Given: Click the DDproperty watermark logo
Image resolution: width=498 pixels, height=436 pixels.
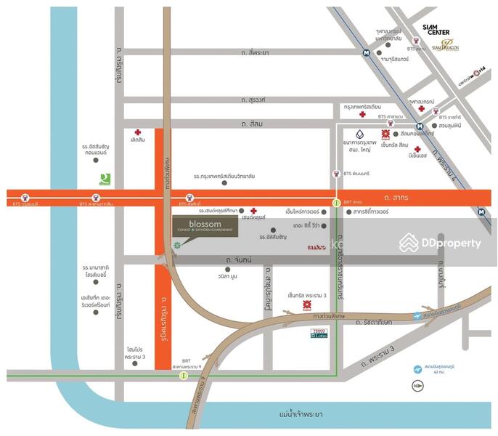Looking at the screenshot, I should pyautogui.click(x=441, y=243).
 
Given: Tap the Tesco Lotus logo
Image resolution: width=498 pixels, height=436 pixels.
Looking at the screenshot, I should pyautogui.click(x=319, y=332).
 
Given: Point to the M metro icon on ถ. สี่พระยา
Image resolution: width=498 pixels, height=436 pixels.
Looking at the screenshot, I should pyautogui.click(x=367, y=52).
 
